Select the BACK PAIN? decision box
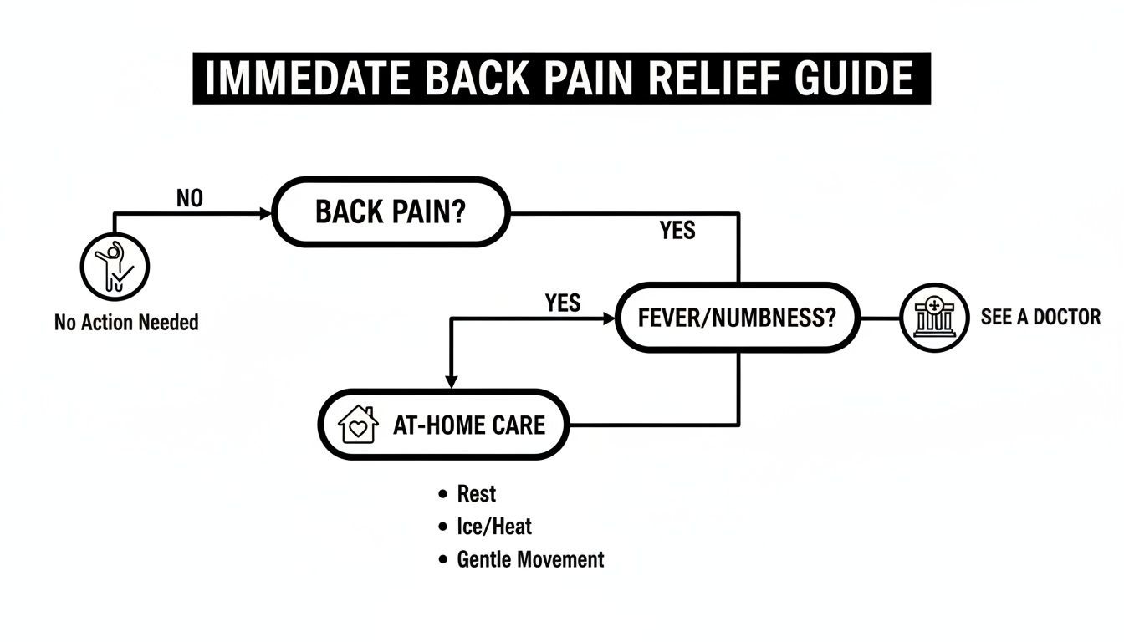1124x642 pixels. (391, 212)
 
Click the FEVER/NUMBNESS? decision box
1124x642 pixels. (737, 318)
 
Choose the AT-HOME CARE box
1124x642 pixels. (443, 425)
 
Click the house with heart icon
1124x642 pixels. (358, 425)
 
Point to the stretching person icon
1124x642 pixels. (115, 267)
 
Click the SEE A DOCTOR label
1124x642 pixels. (1040, 318)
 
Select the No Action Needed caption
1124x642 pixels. (126, 323)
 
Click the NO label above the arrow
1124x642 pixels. (190, 198)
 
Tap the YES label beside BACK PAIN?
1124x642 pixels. (677, 230)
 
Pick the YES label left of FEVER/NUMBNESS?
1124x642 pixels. (562, 303)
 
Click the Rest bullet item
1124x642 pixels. (476, 494)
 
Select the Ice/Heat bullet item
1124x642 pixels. (493, 527)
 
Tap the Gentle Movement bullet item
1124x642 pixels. (530, 559)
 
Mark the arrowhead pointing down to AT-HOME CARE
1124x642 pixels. (451, 381)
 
